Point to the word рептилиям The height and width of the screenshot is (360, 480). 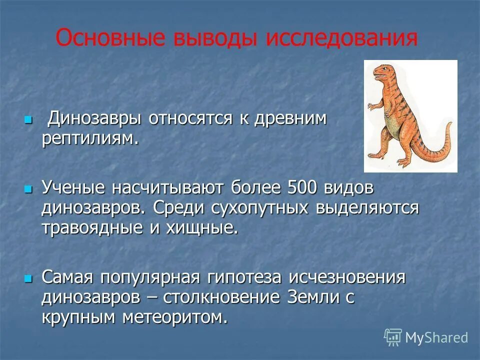tap(89, 138)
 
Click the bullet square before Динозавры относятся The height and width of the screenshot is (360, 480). tap(28, 120)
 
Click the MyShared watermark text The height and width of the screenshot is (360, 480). tap(436, 338)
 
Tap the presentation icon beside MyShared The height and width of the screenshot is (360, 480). tap(393, 337)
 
